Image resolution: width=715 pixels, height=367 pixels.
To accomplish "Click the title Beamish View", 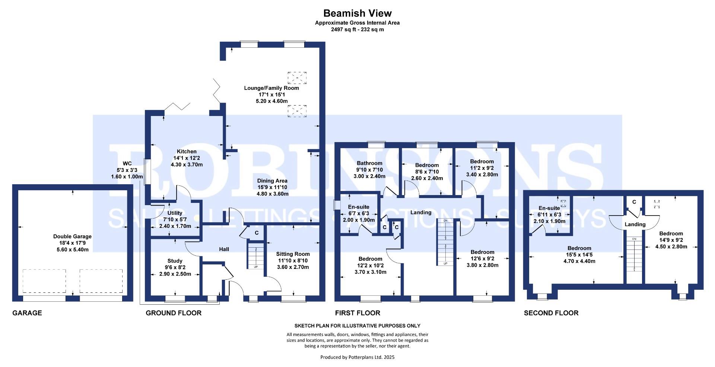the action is coord(357,13).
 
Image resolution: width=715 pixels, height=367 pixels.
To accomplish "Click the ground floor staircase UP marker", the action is coord(256,267).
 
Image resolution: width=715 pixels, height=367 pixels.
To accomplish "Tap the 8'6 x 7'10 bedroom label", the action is coord(427,172).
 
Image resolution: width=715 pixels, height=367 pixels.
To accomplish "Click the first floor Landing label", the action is coord(421,213).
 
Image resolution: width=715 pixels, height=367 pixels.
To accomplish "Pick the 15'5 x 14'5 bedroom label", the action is coord(579,255).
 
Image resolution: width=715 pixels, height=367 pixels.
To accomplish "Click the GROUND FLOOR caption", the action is coord(174,313).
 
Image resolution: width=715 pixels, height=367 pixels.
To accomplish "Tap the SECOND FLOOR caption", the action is coord(551,313).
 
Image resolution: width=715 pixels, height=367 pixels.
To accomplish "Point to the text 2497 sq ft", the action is coord(342,29).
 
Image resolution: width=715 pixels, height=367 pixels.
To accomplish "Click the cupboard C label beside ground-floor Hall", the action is coord(257,233).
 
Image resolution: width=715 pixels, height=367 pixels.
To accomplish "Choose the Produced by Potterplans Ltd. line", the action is coord(357,357).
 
